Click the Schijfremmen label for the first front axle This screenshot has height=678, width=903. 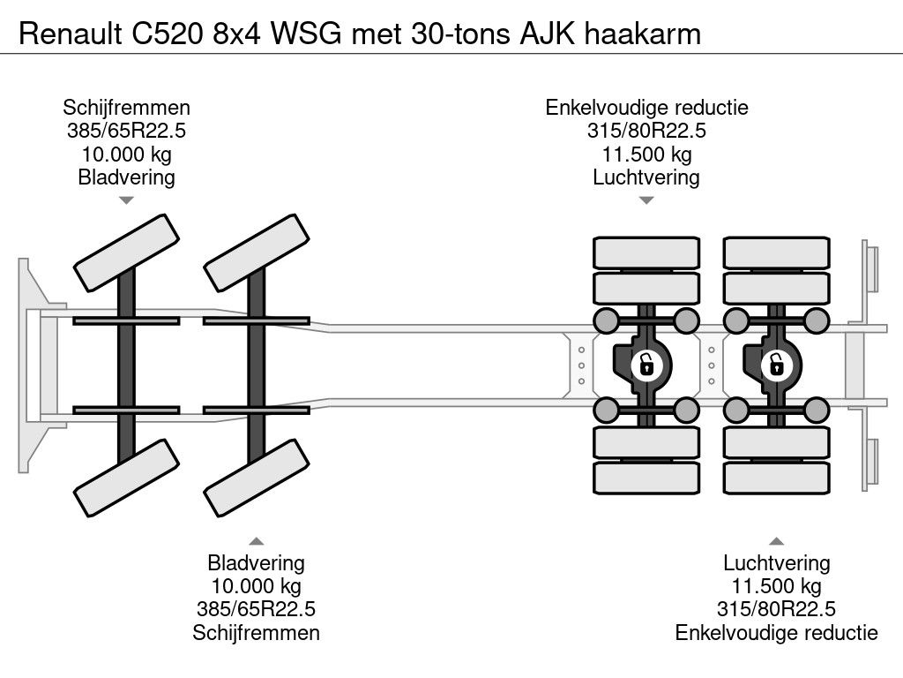tap(126, 108)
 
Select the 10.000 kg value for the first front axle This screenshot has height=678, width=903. tap(126, 154)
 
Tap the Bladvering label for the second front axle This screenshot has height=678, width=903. tap(256, 563)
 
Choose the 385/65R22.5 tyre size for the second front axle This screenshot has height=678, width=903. tap(256, 609)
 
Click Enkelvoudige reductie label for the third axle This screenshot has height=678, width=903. tap(646, 108)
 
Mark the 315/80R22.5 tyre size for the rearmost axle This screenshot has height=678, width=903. tap(776, 609)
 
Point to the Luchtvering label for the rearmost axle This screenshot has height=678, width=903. tap(776, 563)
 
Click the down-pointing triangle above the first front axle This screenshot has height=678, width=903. tap(126, 200)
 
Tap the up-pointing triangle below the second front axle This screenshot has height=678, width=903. tap(256, 540)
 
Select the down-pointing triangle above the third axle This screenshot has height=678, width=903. tap(646, 200)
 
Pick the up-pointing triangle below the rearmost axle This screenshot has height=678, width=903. tap(776, 540)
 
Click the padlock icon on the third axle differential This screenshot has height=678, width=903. tap(646, 364)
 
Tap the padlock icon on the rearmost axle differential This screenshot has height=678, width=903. tap(776, 364)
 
